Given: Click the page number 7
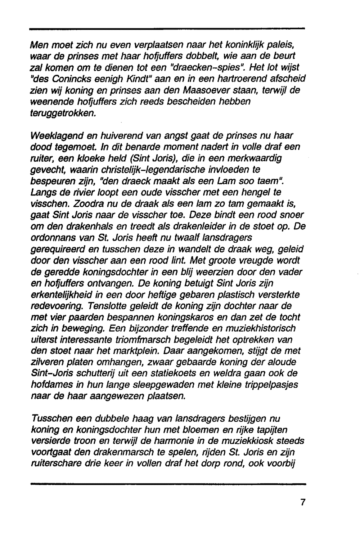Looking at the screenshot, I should coord(303,502).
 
